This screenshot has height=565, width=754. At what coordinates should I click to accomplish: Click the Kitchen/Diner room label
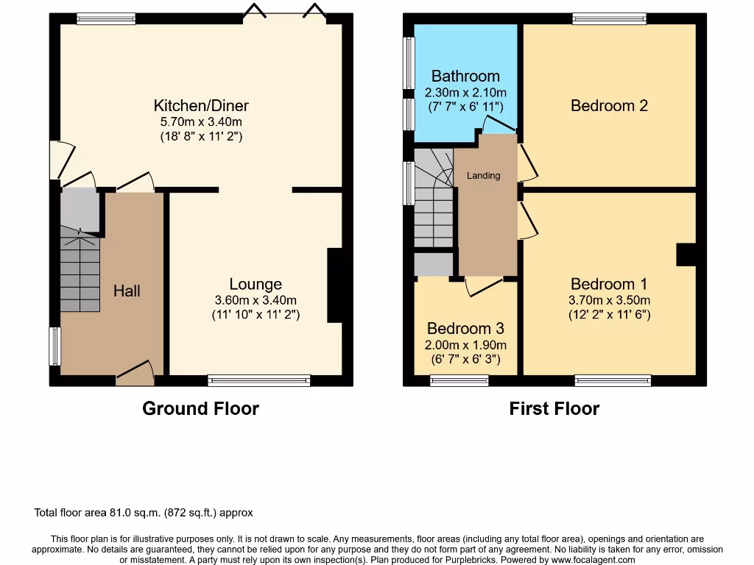click(x=201, y=105)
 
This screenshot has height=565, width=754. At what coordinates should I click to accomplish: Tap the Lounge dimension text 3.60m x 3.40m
click(x=256, y=299)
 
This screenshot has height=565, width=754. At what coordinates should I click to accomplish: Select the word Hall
click(x=127, y=291)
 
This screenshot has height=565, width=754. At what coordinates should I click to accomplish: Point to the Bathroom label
click(x=465, y=76)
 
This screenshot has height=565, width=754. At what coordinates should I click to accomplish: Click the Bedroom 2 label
click(x=609, y=105)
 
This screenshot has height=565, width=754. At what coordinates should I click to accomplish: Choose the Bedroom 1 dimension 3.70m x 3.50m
click(x=609, y=300)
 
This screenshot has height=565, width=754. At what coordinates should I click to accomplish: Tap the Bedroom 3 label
click(x=466, y=328)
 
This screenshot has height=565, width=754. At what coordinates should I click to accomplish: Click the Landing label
click(x=483, y=175)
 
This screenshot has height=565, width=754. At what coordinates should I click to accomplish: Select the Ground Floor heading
click(x=200, y=408)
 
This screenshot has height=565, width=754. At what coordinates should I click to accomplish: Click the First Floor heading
click(x=554, y=408)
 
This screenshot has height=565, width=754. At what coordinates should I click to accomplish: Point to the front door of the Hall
click(x=135, y=374)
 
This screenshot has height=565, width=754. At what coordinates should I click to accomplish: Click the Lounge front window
click(x=258, y=380)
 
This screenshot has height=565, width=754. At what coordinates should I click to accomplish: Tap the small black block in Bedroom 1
click(x=686, y=255)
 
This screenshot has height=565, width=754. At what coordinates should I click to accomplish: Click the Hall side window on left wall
click(x=54, y=346)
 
